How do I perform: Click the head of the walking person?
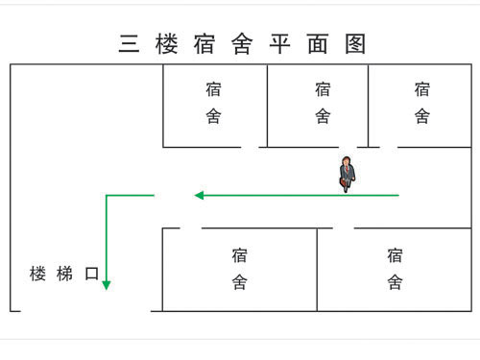[347, 160]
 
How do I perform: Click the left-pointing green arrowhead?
[200, 195]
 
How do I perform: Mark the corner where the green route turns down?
[107, 195]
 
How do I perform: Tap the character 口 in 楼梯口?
[92, 274]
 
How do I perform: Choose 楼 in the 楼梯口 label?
[38, 274]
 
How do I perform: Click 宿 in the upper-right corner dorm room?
[422, 90]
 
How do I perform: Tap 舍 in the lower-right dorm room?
[395, 283]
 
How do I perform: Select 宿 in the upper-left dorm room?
[213, 90]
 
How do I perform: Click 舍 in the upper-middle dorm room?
[323, 117]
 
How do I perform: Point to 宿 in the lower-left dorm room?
[239, 255]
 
